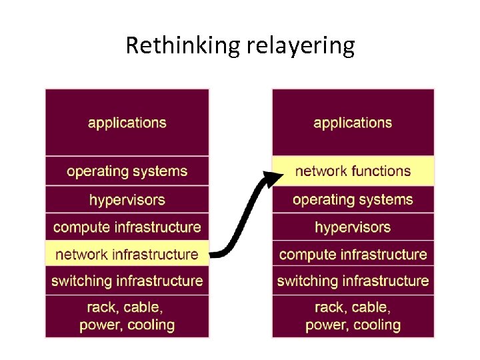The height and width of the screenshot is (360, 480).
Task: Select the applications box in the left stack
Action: coord(127,123)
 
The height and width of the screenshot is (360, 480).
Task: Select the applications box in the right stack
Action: coord(353,123)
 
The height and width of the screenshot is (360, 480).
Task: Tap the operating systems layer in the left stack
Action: coord(127,171)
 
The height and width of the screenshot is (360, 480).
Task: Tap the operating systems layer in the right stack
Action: coord(353,199)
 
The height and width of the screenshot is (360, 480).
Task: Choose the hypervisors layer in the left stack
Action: coord(127,199)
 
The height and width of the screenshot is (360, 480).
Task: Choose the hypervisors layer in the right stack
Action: coord(353,227)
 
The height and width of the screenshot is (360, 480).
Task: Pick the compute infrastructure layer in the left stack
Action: coord(127,227)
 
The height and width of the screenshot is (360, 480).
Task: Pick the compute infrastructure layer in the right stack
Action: coord(353,254)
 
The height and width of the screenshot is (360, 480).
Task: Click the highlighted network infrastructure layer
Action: coord(127,254)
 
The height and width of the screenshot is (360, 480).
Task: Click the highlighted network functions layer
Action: coord(353,171)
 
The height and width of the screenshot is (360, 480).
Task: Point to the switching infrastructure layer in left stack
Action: coord(127,281)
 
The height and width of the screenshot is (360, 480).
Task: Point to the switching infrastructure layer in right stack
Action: coord(353,281)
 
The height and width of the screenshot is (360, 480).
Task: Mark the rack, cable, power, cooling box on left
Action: coord(127,317)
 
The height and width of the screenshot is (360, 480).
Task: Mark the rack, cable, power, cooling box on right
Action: coord(353,317)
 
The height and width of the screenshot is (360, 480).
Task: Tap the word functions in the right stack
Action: coord(381,171)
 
